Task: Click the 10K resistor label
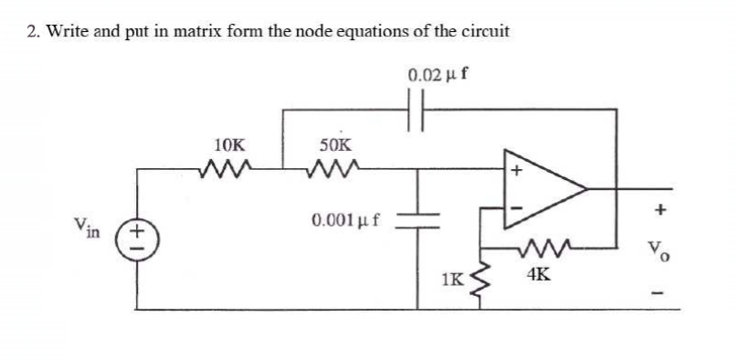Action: coord(228,144)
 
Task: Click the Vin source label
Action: coord(89,226)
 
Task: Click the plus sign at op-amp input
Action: coord(514,169)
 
